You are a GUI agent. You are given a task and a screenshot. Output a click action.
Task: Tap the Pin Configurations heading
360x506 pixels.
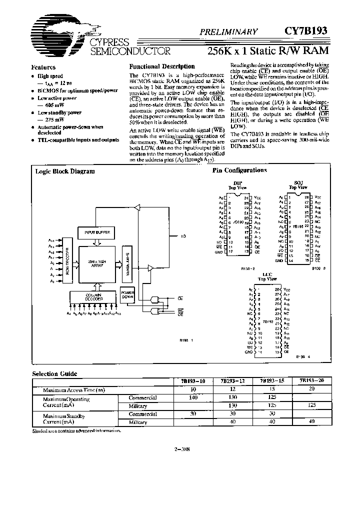point(239,170)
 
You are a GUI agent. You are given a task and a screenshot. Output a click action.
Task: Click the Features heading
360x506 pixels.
point(43,67)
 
